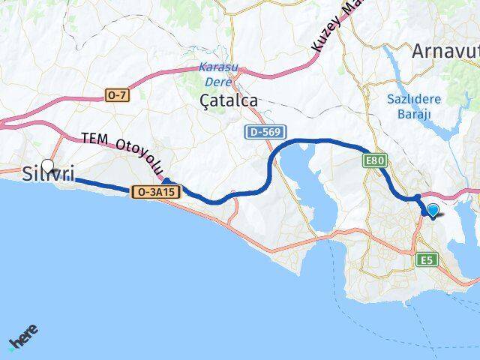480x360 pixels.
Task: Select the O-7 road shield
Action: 116,96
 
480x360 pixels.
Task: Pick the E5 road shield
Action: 427,259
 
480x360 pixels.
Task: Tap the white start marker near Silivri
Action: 48,166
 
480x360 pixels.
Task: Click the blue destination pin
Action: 433,210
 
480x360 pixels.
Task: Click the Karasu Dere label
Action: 218,72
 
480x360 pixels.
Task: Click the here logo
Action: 23,337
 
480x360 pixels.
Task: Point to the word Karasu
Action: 218,67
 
